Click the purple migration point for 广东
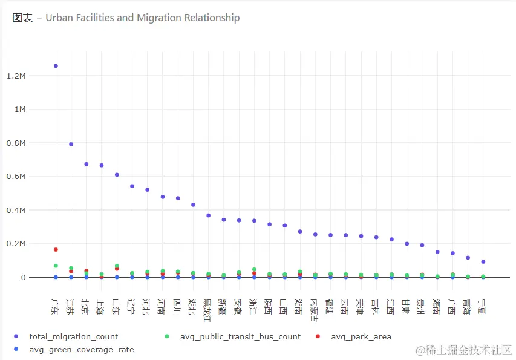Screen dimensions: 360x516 pos(56,66)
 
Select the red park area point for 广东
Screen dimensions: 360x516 pos(56,249)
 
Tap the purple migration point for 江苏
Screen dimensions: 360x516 pos(71,144)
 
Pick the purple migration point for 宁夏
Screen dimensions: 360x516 pos(483,261)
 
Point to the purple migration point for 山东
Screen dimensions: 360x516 pos(117,175)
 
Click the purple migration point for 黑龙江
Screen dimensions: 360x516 pos(208,215)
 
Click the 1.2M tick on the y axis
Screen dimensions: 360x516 pos(16,76)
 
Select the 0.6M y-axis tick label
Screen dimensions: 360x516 pos(16,177)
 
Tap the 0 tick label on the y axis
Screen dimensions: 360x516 pos(24,278)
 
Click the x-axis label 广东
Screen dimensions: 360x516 pos(56,307)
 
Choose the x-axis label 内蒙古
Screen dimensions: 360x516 pos(315,310)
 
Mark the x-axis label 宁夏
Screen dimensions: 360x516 pos(483,307)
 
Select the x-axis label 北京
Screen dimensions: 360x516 pos(86,307)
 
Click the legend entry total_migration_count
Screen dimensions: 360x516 pos(74,336)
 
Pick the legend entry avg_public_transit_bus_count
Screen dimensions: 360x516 pos(240,336)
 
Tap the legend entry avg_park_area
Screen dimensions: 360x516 pos(361,336)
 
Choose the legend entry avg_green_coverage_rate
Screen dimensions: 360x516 pos(82,349)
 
